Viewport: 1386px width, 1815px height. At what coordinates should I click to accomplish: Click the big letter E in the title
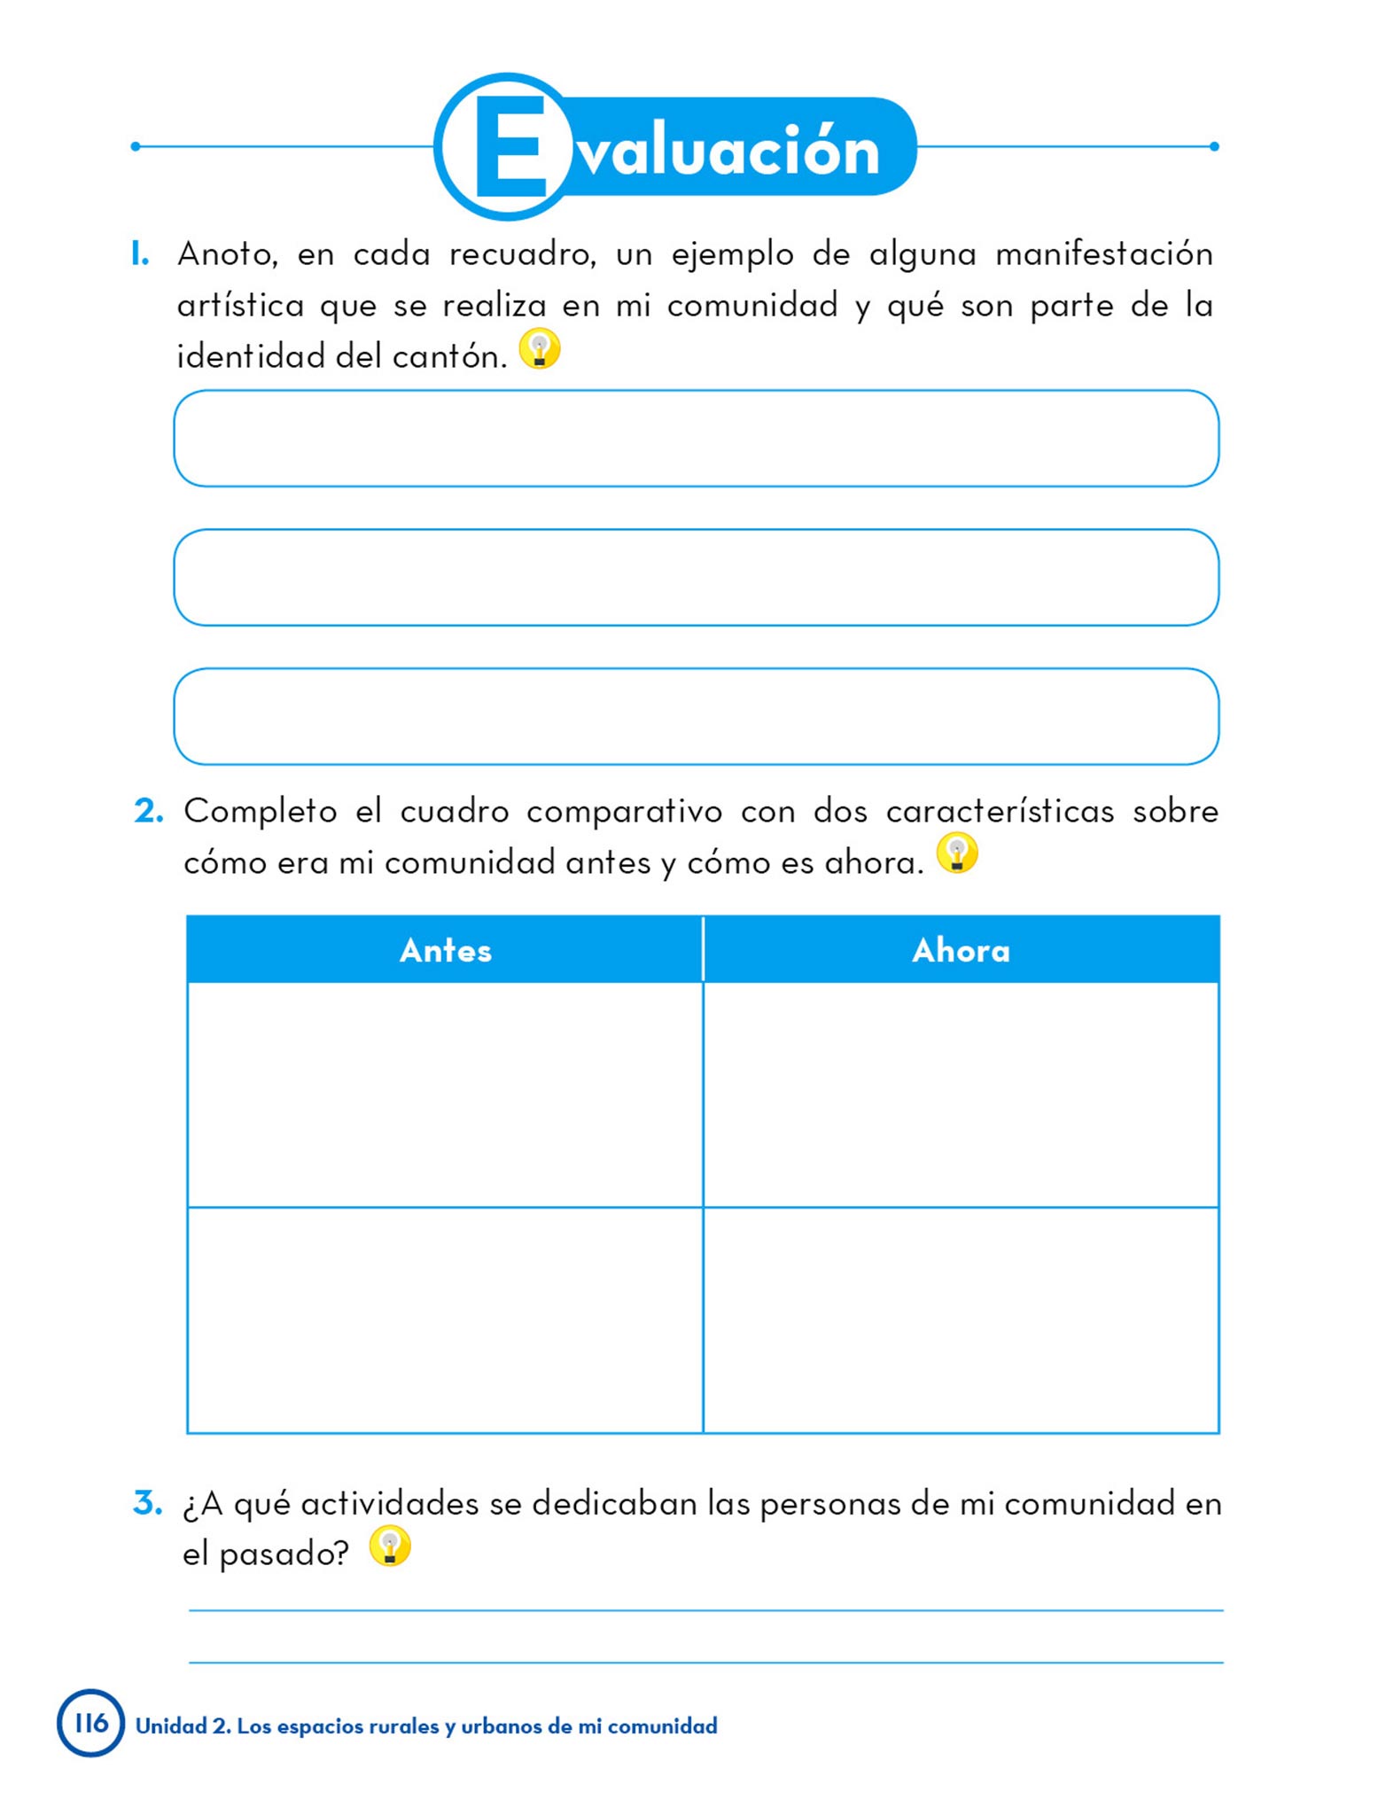point(510,146)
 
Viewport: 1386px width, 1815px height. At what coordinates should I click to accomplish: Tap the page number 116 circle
point(90,1723)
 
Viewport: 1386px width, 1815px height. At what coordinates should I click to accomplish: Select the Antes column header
point(445,950)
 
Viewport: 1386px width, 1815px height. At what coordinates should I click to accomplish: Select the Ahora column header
point(961,950)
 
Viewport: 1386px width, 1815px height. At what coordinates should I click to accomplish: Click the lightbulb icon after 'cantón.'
point(540,348)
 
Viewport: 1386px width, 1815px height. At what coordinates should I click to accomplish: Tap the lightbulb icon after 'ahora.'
point(957,853)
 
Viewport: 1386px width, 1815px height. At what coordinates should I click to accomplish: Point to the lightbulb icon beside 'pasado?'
point(390,1546)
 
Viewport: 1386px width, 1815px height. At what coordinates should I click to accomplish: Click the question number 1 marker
point(139,254)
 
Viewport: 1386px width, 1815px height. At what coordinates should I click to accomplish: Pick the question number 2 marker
point(148,811)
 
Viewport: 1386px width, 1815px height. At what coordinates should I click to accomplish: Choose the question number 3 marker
point(148,1503)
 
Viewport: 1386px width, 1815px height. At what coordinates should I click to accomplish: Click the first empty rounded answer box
point(696,439)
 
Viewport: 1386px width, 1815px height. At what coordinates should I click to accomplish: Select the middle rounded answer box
point(696,578)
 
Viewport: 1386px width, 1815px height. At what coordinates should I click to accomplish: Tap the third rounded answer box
point(696,717)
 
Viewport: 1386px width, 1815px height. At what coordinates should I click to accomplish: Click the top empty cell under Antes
point(445,1094)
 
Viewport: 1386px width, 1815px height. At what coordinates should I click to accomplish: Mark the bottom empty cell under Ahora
point(961,1320)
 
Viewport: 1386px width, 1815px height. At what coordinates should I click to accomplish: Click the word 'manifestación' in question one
point(1103,254)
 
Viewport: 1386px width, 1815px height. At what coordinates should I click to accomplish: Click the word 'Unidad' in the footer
point(171,1725)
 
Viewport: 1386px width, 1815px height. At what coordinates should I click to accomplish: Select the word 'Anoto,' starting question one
point(228,254)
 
